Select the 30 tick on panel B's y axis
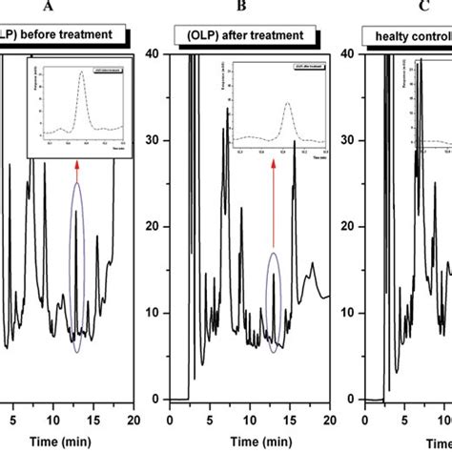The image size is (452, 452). (153, 140)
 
